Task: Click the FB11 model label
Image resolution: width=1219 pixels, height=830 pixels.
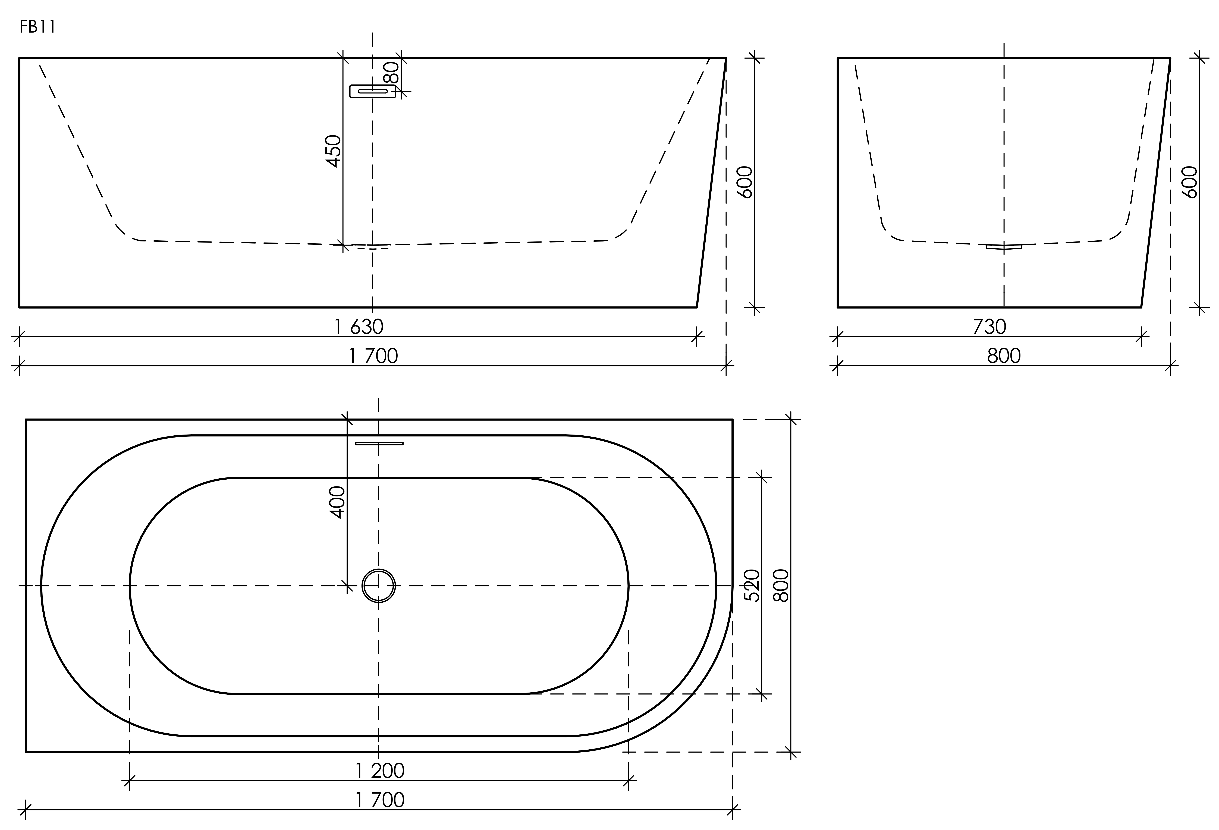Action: (38, 27)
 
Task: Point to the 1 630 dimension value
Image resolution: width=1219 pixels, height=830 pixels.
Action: (359, 327)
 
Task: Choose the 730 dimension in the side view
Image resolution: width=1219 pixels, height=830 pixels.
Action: (990, 327)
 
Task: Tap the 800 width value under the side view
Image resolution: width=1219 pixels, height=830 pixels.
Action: (1004, 356)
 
